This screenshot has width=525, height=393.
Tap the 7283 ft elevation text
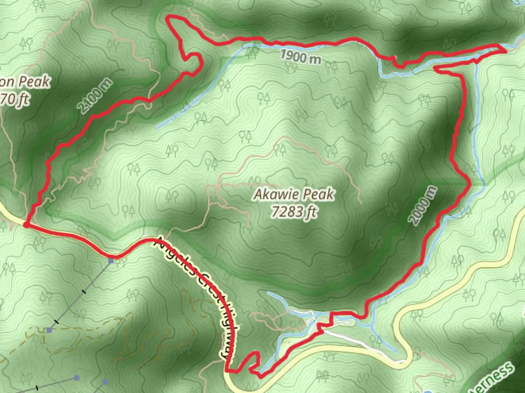[294, 211]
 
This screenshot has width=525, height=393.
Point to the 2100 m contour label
[94, 96]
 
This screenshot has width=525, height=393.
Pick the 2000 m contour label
[423, 205]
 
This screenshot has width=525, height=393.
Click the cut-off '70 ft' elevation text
[15, 99]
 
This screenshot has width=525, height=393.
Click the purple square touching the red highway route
[111, 261]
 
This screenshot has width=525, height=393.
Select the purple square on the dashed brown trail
[49, 330]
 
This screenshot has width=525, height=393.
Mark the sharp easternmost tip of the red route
[506, 51]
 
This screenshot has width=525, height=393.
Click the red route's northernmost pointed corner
[168, 16]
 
